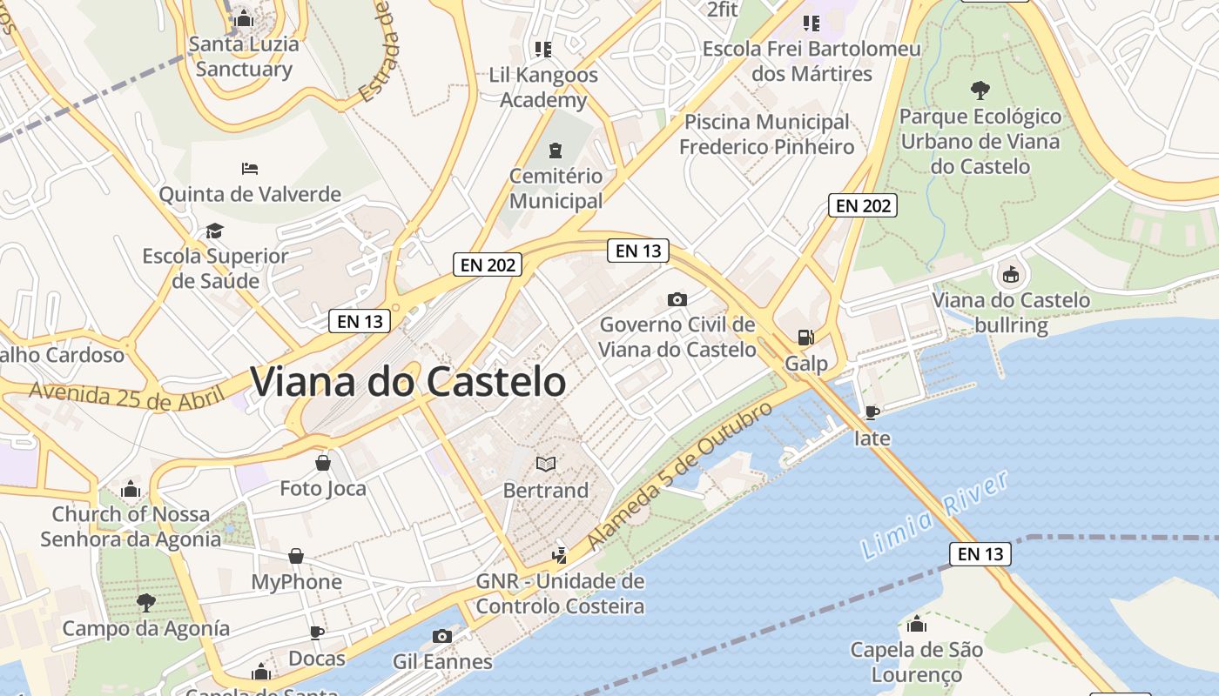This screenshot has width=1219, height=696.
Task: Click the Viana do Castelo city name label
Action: point(408,382)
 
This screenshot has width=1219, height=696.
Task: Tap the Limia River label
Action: point(933,516)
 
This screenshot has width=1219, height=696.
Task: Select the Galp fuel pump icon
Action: point(806,338)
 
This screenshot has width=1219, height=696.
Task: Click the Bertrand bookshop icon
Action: point(546,465)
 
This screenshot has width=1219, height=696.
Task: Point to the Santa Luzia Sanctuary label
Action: point(244,57)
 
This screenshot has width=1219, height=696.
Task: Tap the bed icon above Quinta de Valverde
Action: point(250,168)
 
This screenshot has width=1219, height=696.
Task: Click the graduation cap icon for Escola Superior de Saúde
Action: point(214,231)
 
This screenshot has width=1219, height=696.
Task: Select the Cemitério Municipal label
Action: point(556,188)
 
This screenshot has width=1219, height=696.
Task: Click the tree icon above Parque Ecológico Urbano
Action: point(980,89)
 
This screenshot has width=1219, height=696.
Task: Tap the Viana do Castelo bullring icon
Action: point(1010,276)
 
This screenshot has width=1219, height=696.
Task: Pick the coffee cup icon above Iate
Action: point(872,412)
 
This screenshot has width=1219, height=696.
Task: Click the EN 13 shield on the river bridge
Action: point(980,553)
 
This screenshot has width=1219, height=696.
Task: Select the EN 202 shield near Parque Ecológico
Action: point(862,205)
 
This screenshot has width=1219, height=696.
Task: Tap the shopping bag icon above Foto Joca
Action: point(323,463)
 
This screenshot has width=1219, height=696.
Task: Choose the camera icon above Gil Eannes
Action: point(441,636)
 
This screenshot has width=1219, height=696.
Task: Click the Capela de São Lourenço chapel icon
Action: point(916,624)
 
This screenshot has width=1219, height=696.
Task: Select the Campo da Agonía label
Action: point(146,628)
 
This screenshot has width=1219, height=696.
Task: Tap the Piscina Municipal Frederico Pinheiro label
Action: point(766,134)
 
